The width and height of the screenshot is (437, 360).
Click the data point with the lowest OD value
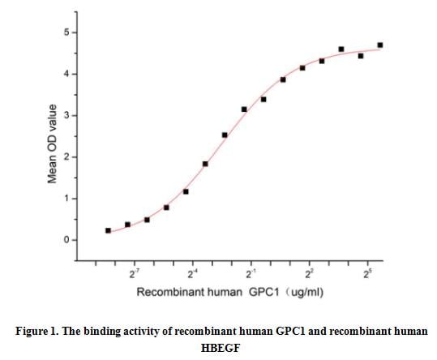coord(108,230)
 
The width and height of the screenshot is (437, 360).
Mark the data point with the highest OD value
coord(380,45)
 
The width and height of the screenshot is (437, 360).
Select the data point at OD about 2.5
coord(225,135)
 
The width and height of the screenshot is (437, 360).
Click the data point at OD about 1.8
coord(205,164)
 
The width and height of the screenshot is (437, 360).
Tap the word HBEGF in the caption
coord(219,347)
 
